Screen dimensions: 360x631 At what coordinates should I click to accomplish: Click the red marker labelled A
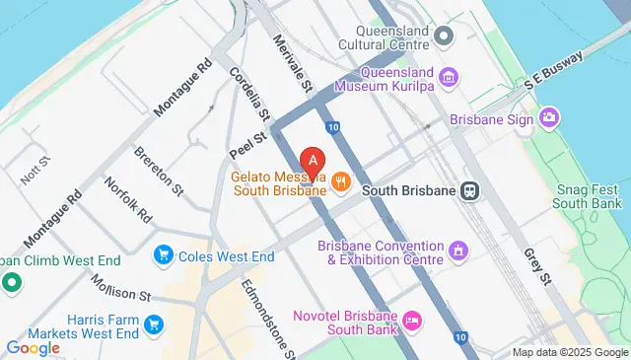tap(313, 160)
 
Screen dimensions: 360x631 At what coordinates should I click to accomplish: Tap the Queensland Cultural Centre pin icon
tap(444, 37)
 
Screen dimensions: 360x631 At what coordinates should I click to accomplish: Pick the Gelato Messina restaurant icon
tap(341, 180)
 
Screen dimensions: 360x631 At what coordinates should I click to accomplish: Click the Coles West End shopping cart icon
tap(164, 256)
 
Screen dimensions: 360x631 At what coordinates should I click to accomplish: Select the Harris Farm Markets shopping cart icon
tap(154, 324)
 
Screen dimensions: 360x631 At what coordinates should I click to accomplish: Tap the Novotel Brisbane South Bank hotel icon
tap(412, 319)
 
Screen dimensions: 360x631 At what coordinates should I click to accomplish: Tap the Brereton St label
tap(159, 169)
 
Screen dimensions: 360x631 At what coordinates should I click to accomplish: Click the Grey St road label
tap(538, 265)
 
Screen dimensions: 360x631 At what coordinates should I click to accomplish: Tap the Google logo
tap(33, 347)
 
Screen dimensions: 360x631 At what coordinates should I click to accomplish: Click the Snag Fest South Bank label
tap(590, 195)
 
